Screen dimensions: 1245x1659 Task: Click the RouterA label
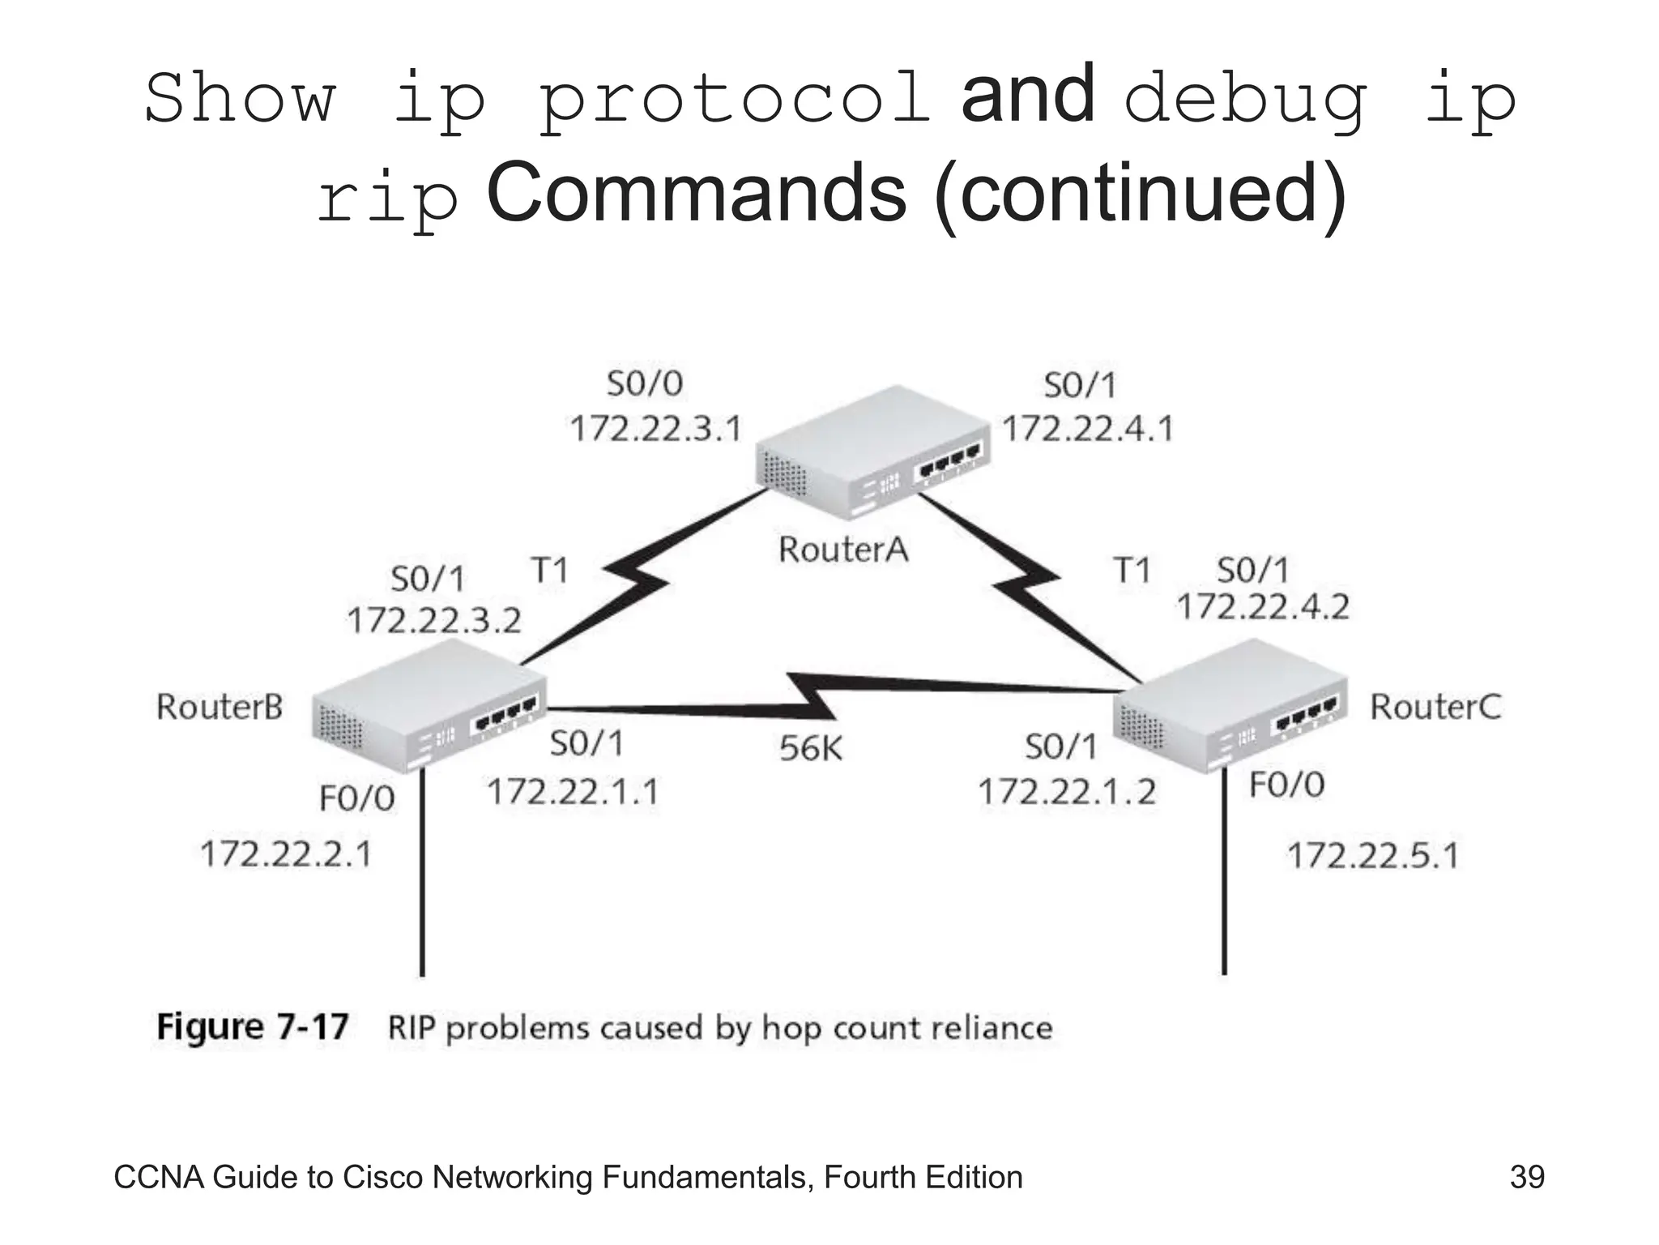coord(842,550)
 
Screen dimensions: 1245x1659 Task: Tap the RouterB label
coord(220,707)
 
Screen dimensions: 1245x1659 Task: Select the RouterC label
coord(1435,707)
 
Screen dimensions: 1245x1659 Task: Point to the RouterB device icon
coord(428,705)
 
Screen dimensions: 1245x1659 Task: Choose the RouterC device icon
coord(1230,705)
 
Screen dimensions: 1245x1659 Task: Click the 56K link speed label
coord(811,748)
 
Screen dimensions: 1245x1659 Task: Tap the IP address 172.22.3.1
coord(656,428)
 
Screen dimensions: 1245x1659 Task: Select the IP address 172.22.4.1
coord(1088,428)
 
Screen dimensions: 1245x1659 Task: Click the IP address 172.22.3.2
coord(434,621)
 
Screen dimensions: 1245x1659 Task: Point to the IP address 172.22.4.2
coord(1263,606)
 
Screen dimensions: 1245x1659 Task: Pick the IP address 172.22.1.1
coord(573,791)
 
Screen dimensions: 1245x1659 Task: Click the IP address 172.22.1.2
coord(1067,792)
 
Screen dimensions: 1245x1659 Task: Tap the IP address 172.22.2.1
coord(286,854)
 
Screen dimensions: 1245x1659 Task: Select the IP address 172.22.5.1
coord(1373,856)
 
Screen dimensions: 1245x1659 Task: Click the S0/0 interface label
coord(645,383)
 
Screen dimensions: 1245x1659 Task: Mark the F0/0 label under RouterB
coord(356,799)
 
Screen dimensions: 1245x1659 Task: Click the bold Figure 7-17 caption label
coord(253,1027)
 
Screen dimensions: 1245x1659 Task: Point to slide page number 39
coord(1527,1177)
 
